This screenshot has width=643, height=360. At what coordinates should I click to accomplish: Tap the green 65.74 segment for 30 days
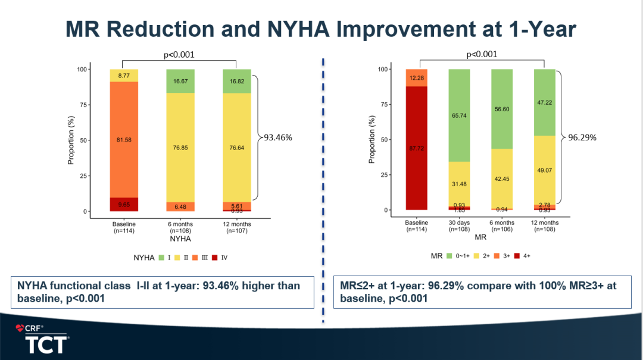tap(459, 115)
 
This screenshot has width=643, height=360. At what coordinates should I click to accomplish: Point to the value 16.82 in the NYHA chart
tap(236, 81)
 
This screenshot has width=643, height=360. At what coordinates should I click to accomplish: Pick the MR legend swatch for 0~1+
tap(448, 256)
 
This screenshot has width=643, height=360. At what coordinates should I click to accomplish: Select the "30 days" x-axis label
tap(459, 223)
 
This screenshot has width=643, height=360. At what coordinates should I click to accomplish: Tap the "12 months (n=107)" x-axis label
tap(236, 227)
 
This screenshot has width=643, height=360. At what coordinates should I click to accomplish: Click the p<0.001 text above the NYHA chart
tap(179, 55)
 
